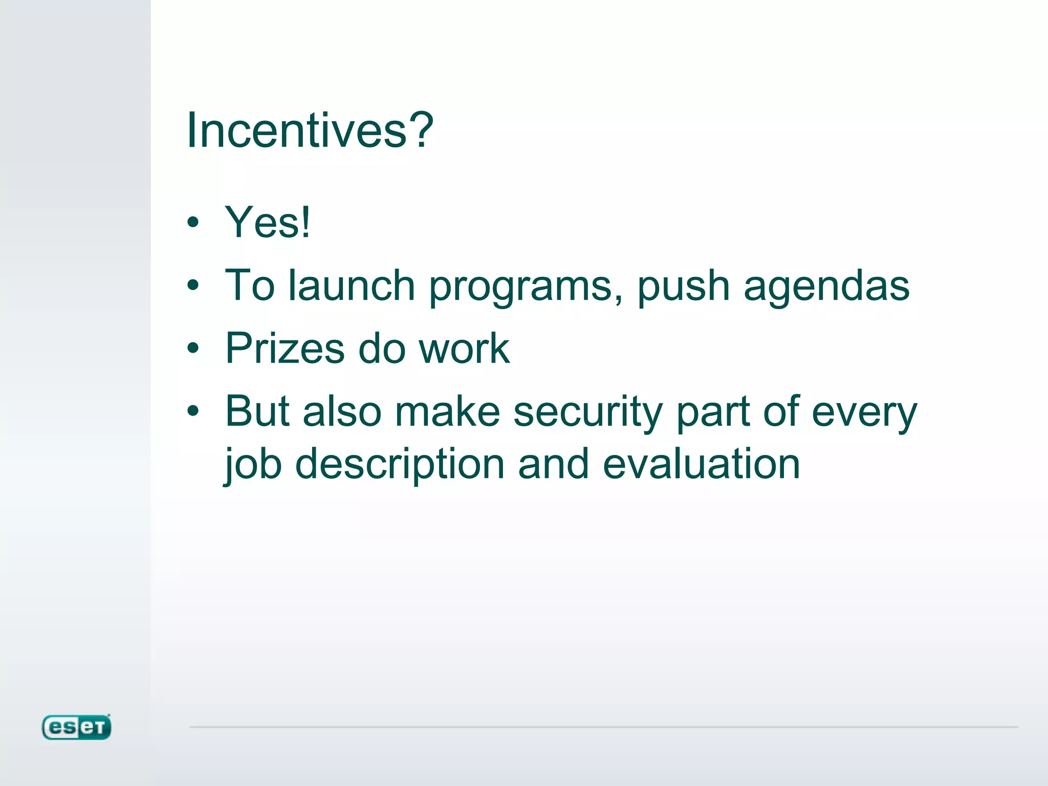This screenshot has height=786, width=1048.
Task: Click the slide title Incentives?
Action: [310, 130]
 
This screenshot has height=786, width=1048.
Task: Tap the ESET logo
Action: [76, 727]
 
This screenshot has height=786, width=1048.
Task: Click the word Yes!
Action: [268, 222]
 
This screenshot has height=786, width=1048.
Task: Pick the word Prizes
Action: [285, 348]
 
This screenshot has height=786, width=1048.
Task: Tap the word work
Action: [464, 348]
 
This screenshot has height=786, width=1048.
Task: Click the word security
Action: [588, 412]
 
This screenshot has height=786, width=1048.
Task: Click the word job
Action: [253, 465]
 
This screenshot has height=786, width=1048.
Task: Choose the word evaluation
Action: [701, 464]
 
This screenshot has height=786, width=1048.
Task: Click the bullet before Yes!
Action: [193, 223]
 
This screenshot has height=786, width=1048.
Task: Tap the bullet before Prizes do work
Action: [193, 348]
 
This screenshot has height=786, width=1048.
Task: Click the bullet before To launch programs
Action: [193, 286]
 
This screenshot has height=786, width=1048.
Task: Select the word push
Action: [683, 287]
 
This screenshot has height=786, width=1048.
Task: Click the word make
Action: [447, 411]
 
